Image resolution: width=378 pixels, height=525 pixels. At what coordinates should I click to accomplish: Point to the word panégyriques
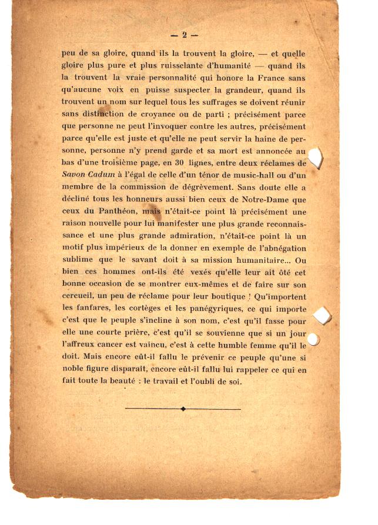tap(215, 306)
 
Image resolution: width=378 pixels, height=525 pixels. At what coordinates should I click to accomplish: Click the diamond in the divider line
tap(183, 409)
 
